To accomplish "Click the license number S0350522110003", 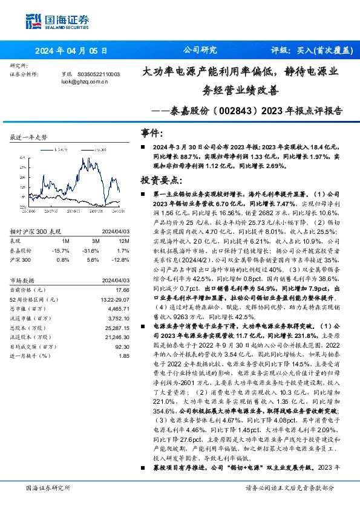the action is click(x=99, y=74).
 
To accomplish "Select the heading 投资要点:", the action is click(x=160, y=180).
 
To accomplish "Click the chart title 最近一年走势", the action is click(x=29, y=138).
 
